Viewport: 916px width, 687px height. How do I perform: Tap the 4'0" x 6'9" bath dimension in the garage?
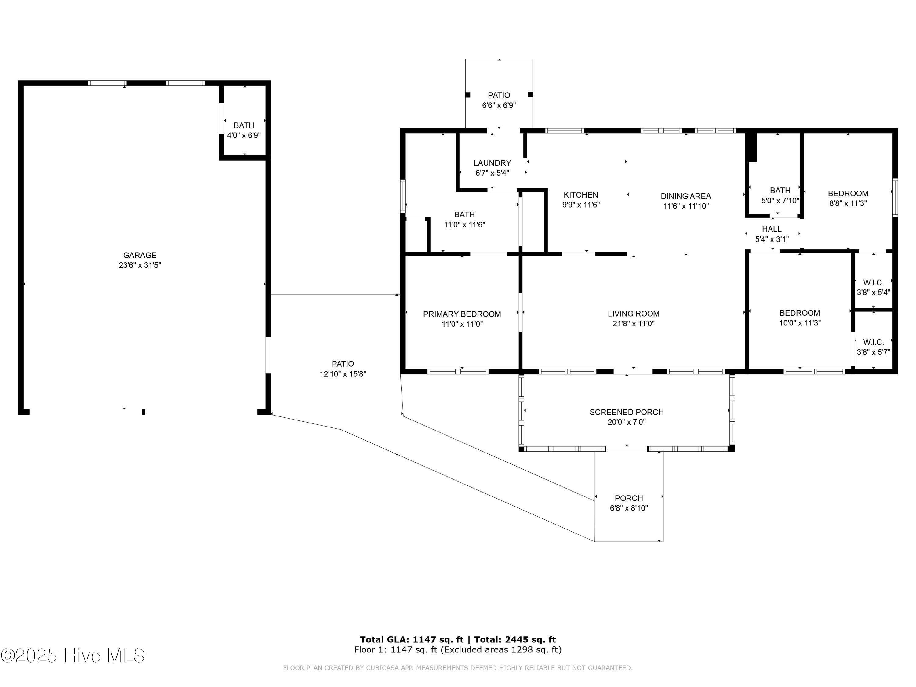pos(244,135)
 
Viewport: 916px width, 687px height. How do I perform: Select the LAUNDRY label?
pos(492,163)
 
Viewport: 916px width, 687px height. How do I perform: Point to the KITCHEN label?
pos(580,194)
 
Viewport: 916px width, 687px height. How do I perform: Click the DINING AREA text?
pos(686,196)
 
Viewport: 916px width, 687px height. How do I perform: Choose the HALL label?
pos(772,229)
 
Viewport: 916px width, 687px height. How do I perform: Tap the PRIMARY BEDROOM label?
pos(462,314)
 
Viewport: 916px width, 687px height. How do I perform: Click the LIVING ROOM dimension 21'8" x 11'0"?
pos(633,324)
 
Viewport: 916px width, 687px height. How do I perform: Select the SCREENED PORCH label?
pos(627,412)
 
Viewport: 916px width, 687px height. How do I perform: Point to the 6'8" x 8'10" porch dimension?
pos(629,508)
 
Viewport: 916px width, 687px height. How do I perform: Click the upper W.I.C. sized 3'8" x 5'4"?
pos(873,287)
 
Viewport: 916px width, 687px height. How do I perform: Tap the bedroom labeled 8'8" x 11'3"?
pos(848,198)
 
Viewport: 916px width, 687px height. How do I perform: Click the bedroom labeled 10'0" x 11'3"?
pos(799,318)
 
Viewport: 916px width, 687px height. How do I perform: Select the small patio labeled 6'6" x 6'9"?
pos(499,100)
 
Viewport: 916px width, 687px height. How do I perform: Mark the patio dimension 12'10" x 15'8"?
pos(343,374)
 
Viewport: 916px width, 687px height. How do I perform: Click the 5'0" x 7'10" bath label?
pos(780,195)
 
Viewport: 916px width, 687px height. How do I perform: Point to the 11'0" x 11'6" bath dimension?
pos(464,225)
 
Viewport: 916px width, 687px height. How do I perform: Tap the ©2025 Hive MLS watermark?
pos(73,656)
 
